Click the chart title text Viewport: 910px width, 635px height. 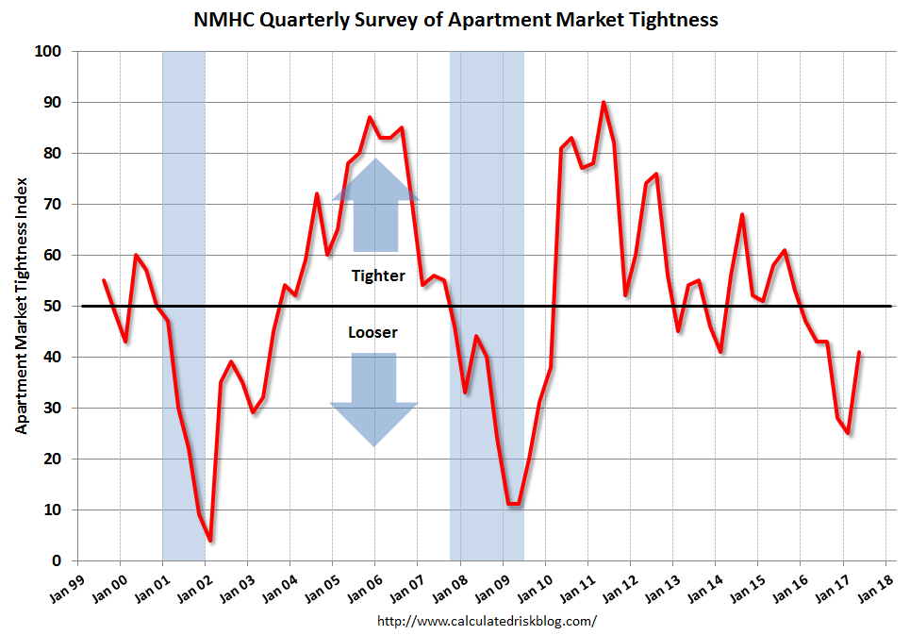pyautogui.click(x=455, y=19)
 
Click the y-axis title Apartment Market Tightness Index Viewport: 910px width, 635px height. pyautogui.click(x=21, y=306)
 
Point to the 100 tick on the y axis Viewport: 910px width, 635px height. pyautogui.click(x=49, y=51)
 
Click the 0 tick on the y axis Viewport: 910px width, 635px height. pyautogui.click(x=57, y=560)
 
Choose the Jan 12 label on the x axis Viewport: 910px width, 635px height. pyautogui.click(x=619, y=586)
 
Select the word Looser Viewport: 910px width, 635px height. pyautogui.click(x=372, y=333)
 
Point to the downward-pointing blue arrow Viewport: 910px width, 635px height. pyautogui.click(x=373, y=396)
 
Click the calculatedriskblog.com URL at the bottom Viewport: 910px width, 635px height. pyautogui.click(x=487, y=621)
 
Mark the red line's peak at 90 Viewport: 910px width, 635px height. pyautogui.click(x=604, y=102)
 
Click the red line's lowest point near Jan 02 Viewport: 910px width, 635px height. pyautogui.click(x=210, y=541)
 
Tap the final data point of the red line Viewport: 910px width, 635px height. pyautogui.click(x=859, y=352)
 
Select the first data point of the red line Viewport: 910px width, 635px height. pyautogui.click(x=104, y=280)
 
